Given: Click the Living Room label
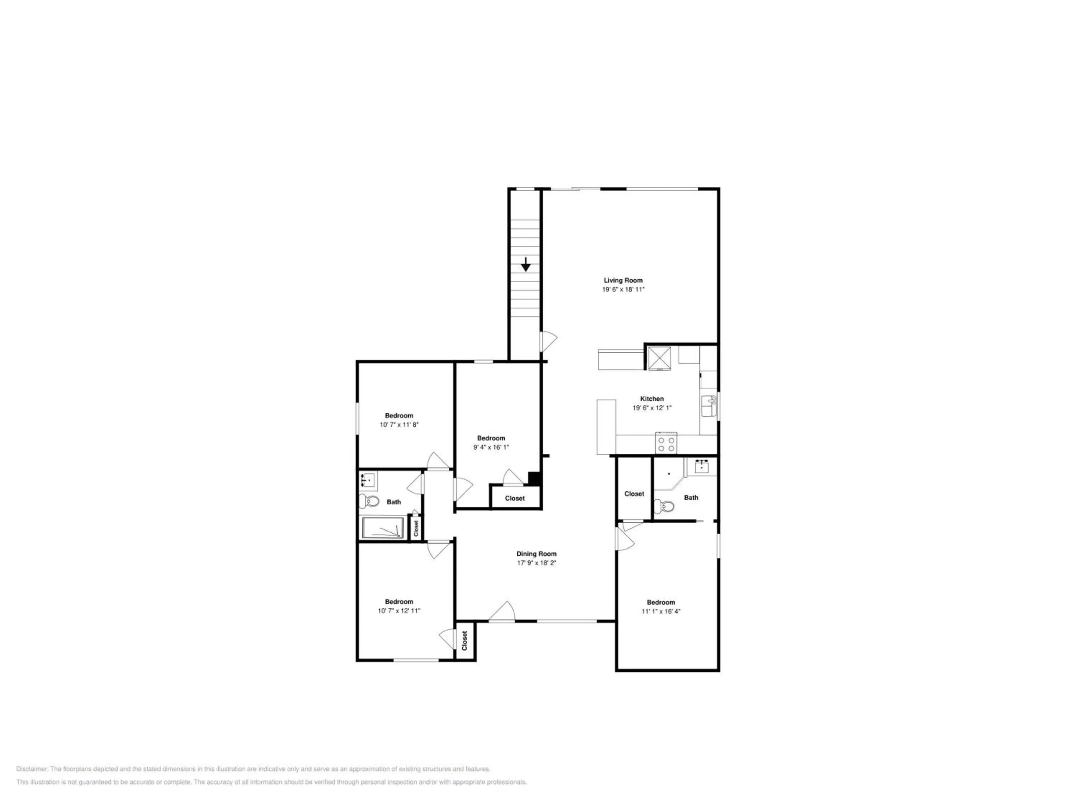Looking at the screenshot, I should (623, 280).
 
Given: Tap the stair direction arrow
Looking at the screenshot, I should (525, 265).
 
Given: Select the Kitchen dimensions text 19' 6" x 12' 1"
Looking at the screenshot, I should (652, 408).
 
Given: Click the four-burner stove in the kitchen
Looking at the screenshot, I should (665, 443).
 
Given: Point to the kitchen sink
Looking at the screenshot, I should (709, 406).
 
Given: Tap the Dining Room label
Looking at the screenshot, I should (536, 553).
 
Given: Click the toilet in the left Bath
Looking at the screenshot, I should (369, 501).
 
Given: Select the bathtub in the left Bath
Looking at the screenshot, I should (383, 528).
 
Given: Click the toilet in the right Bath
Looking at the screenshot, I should (664, 506).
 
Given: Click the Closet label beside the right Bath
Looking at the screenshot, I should (634, 494).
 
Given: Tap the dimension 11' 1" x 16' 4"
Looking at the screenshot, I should (661, 612).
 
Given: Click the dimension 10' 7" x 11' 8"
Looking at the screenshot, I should (399, 425).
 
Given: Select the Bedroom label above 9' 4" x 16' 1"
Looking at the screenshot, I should (491, 438).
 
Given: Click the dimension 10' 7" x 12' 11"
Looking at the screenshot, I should (399, 610).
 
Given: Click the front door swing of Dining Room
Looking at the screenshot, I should (502, 612).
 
